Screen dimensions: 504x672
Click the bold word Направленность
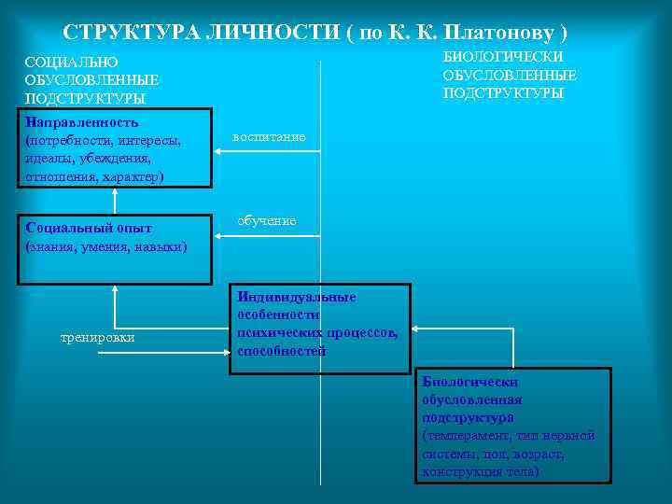click(x=82, y=122)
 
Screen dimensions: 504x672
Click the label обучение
click(x=267, y=221)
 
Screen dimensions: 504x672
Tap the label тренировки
click(x=97, y=337)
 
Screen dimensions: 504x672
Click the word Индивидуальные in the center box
click(x=296, y=296)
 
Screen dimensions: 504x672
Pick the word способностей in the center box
click(x=281, y=351)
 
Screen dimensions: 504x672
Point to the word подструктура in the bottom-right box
click(x=468, y=417)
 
